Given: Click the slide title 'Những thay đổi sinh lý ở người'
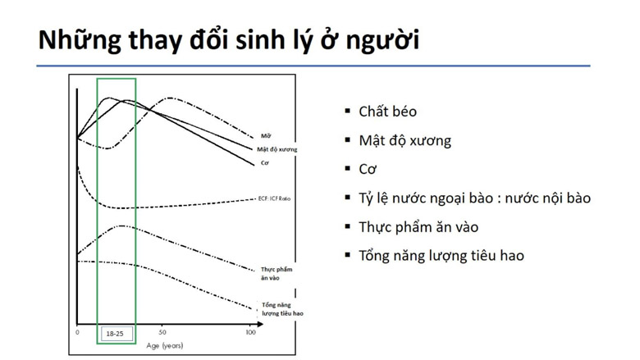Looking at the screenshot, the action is pos(229,40).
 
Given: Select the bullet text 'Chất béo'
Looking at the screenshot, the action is pos(388,112).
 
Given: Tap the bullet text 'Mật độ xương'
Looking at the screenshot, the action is pos(405,141).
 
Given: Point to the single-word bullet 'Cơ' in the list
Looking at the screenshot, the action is pos(368,169).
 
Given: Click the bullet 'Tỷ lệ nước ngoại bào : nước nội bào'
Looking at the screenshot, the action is pos(475,198).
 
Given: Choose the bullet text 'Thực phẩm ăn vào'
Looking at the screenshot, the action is pos(418,227).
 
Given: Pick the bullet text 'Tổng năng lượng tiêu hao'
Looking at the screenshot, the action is pos(441,256).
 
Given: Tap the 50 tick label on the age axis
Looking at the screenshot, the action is pos(162,332).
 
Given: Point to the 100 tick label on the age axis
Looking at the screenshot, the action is pos(250,332).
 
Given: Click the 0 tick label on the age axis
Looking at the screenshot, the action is pos(78,332).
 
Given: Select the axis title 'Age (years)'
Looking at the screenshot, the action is pos(164,346).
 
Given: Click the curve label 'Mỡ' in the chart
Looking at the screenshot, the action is pos(266,136).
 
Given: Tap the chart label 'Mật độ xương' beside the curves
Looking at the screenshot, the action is pos(277,149).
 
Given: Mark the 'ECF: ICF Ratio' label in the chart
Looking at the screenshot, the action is pos(274,198).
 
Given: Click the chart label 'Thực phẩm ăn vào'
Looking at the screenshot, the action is pos(277,274).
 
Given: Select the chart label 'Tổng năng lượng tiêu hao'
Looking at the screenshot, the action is pos(282,309).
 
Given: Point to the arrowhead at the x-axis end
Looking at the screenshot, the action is pos(260,325).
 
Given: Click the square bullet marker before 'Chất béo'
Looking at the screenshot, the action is pos(348,111).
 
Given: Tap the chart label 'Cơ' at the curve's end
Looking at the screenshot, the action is pos(264,163).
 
